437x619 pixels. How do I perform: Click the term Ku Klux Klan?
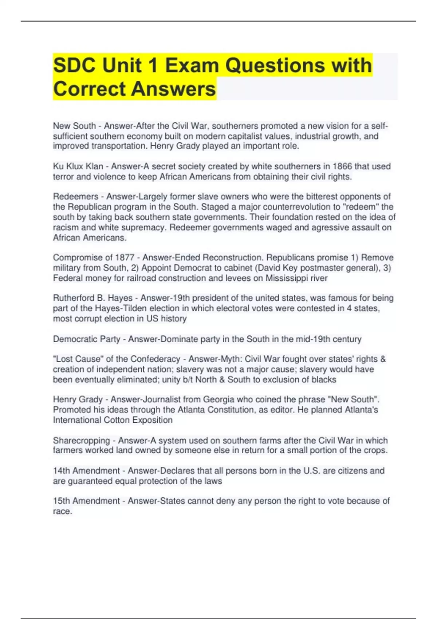pos(78,166)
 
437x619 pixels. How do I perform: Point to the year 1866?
pos(342,166)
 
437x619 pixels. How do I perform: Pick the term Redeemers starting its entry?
pos(76,197)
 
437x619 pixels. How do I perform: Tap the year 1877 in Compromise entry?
pos(125,257)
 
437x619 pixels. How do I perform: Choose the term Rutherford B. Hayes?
pos(93,298)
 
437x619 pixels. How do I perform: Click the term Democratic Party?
pos(87,339)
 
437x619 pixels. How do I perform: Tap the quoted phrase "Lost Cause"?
pos(77,359)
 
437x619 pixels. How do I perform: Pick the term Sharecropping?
pos(81,440)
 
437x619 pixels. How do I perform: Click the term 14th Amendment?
pos(86,470)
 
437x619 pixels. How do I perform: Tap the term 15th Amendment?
pos(86,501)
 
